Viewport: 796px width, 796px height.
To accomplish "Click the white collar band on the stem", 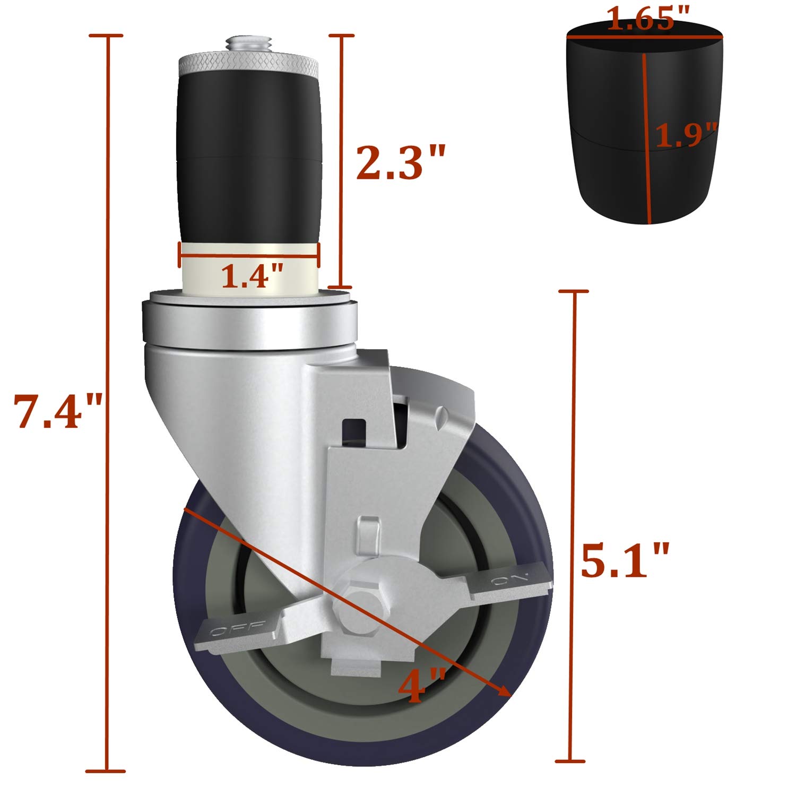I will (x=249, y=268).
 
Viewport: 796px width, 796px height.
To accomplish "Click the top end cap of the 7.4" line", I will (x=107, y=36).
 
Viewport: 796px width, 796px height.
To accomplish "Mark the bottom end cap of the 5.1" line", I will (x=571, y=762).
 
